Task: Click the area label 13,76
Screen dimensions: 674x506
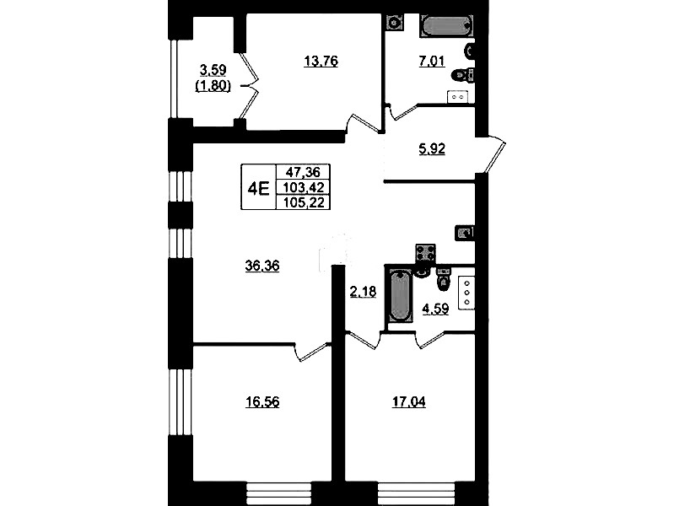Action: pyautogui.click(x=321, y=62)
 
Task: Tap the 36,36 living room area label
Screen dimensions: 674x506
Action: pyautogui.click(x=262, y=266)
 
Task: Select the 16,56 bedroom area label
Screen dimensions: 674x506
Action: pyautogui.click(x=262, y=402)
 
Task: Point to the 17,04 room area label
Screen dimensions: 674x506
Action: pyautogui.click(x=409, y=402)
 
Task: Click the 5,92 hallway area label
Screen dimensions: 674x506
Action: pyautogui.click(x=432, y=149)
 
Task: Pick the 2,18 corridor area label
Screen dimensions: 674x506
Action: pyautogui.click(x=363, y=293)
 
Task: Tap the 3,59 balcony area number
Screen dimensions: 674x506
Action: pyautogui.click(x=213, y=70)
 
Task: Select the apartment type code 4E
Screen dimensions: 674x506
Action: pyautogui.click(x=259, y=188)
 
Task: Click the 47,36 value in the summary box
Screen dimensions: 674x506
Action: pyautogui.click(x=304, y=172)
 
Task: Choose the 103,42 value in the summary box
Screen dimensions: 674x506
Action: pyautogui.click(x=304, y=187)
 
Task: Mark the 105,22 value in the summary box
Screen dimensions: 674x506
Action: pyautogui.click(x=304, y=202)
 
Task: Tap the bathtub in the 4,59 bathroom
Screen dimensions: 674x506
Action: pyautogui.click(x=400, y=295)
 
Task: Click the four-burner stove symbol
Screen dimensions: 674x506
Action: pyautogui.click(x=425, y=253)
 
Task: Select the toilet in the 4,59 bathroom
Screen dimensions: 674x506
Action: pyautogui.click(x=443, y=278)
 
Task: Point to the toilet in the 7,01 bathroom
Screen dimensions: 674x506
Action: pyautogui.click(x=463, y=75)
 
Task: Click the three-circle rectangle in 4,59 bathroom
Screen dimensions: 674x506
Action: pyautogui.click(x=466, y=293)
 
